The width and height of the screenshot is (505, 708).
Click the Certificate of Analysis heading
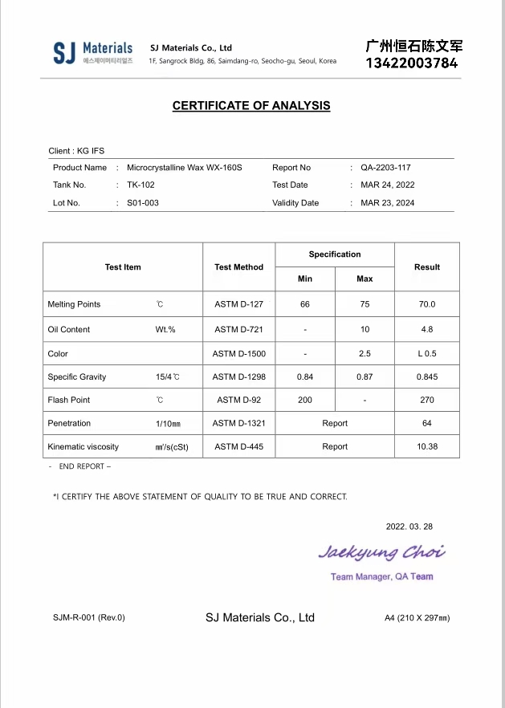[x=251, y=106]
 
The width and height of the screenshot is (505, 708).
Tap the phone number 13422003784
[x=412, y=63]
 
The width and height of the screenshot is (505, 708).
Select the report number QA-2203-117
[x=385, y=168]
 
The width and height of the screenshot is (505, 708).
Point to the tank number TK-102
[x=141, y=185]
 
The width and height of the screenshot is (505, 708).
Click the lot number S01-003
[x=143, y=203]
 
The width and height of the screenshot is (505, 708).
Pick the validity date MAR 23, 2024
[x=388, y=203]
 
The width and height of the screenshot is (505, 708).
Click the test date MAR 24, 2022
[x=388, y=185]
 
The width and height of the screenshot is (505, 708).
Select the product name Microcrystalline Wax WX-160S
[x=184, y=168]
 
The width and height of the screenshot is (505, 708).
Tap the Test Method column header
[x=238, y=267]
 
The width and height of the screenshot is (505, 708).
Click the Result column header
[x=427, y=267]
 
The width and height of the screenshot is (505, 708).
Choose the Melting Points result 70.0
[x=426, y=304]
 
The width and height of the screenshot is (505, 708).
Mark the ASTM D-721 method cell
[x=238, y=329]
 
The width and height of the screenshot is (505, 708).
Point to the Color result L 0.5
[x=426, y=353]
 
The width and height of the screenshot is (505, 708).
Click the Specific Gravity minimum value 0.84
[x=305, y=376]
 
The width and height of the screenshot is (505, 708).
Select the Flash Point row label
[x=69, y=400]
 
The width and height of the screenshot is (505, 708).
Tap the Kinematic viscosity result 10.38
[x=427, y=446]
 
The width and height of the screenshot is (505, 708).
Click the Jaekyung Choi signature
[x=381, y=552]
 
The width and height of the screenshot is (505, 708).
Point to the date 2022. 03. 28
[x=409, y=527]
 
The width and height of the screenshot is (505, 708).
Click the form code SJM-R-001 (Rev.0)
[x=89, y=617]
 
